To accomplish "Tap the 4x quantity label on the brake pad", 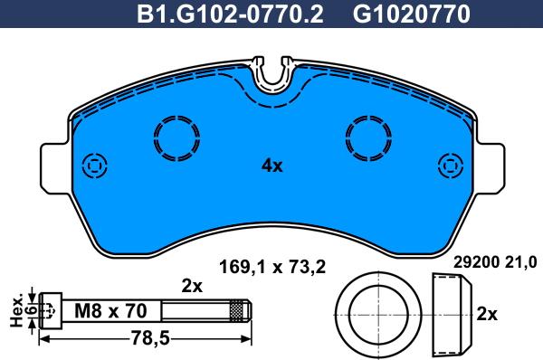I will click(x=271, y=166).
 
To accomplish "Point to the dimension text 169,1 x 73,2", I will click(x=272, y=265).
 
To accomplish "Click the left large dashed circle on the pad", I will click(x=177, y=138).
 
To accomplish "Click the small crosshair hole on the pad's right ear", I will click(x=450, y=166).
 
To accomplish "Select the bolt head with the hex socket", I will click(x=52, y=310).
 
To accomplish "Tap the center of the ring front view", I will click(x=376, y=311).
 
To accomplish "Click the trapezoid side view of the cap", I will click(x=450, y=312).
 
